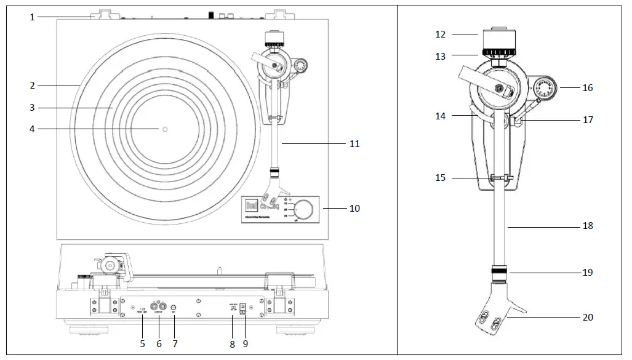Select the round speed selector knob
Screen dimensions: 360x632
click(x=303, y=209)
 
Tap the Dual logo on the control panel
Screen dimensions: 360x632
click(x=252, y=207)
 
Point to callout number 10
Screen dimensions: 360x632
click(x=354, y=209)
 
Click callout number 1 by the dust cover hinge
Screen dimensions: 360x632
click(x=32, y=17)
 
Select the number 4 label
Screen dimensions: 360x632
click(x=32, y=129)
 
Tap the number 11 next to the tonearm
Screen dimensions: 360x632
click(x=354, y=144)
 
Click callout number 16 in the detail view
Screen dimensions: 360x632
click(x=588, y=88)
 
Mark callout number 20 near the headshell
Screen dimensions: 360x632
click(x=588, y=318)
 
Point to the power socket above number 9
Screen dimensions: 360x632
click(x=242, y=307)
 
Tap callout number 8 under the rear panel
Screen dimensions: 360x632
click(x=233, y=344)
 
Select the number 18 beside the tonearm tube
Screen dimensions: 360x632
click(x=588, y=226)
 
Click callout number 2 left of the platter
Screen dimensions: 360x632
click(x=32, y=86)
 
